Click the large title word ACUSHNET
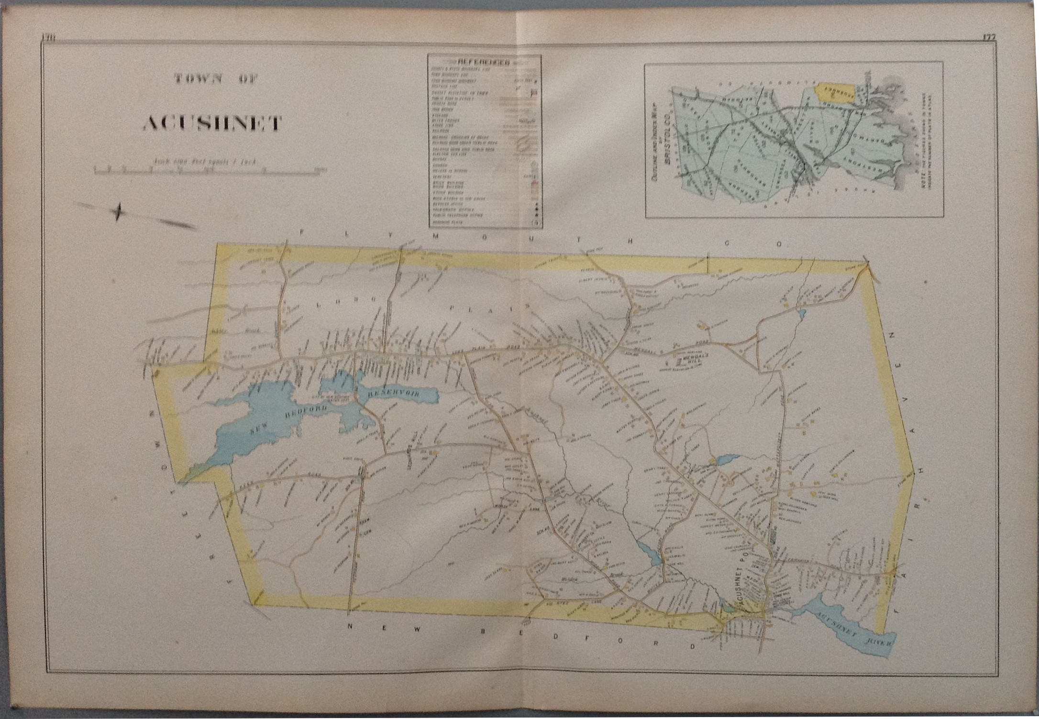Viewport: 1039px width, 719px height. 212,124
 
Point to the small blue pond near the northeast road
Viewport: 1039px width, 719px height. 802,314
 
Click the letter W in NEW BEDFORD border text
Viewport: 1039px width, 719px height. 416,630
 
